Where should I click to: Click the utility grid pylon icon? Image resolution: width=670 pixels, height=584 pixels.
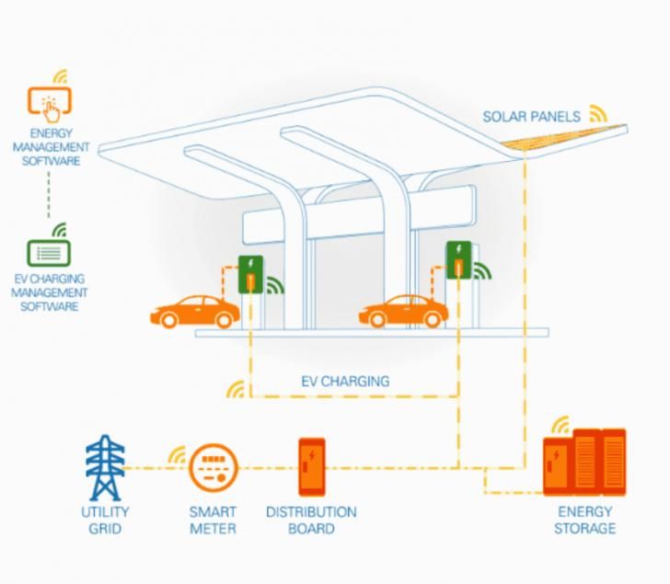pyautogui.click(x=105, y=468)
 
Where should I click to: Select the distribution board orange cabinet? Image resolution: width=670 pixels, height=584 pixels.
pyautogui.click(x=311, y=467)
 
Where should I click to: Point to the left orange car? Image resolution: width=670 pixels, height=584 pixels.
pyautogui.click(x=195, y=312)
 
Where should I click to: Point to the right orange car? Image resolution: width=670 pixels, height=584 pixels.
pyautogui.click(x=403, y=312)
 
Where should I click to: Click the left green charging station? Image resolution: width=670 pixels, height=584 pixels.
pyautogui.click(x=250, y=274)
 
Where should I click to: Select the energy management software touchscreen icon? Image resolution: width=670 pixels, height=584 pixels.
pyautogui.click(x=51, y=105)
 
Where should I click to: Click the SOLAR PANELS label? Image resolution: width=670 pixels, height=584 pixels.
pyautogui.click(x=531, y=117)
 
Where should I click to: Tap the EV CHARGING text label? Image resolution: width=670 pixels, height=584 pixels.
pyautogui.click(x=345, y=381)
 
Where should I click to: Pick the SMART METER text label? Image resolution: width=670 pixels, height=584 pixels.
pyautogui.click(x=213, y=520)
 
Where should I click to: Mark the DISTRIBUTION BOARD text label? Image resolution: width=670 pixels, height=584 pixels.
pyautogui.click(x=311, y=520)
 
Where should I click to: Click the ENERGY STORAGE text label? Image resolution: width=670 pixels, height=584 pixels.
pyautogui.click(x=585, y=520)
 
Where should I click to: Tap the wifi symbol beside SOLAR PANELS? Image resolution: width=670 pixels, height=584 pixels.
pyautogui.click(x=598, y=114)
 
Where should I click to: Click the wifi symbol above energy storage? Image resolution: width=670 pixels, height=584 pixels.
pyautogui.click(x=560, y=426)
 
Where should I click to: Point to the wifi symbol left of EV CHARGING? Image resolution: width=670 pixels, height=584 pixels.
pyautogui.click(x=236, y=389)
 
